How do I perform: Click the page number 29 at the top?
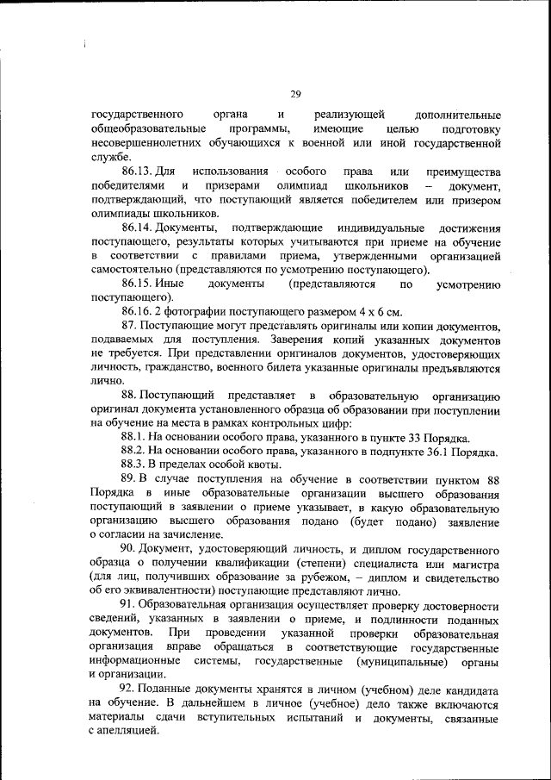click(x=294, y=95)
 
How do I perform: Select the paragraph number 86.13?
click(x=136, y=172)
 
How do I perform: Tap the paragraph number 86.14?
click(x=138, y=228)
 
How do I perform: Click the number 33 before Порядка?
click(x=422, y=438)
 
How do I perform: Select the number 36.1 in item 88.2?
click(x=442, y=452)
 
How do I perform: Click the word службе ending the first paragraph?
click(x=110, y=157)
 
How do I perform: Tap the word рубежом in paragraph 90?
click(x=346, y=577)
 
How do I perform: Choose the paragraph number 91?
click(x=130, y=605)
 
